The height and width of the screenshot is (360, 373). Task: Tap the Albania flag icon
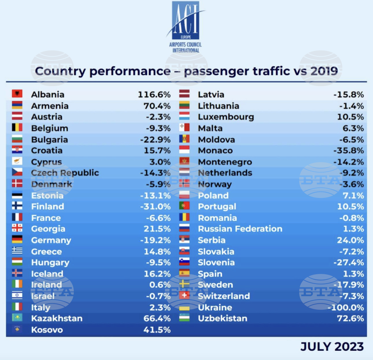point(17,94)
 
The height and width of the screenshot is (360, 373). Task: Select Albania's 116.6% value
point(154,95)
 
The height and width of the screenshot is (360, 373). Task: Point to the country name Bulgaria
point(49,140)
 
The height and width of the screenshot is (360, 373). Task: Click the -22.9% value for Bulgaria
point(155,140)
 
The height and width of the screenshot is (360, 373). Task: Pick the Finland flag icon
point(17,206)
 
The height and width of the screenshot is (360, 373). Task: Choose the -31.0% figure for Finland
point(155,206)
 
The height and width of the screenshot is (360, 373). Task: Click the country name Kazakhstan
point(57,319)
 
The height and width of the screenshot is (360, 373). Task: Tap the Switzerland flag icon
point(184,296)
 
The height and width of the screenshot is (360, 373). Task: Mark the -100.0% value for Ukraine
point(345,307)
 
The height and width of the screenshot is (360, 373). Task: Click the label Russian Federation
point(240,229)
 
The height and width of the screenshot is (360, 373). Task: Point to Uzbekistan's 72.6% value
point(350,319)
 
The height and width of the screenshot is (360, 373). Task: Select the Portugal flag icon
point(184,206)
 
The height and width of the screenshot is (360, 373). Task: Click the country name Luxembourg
point(226,117)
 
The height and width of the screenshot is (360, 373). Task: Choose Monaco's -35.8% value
point(348,151)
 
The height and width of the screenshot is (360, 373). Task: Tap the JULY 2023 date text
point(332,347)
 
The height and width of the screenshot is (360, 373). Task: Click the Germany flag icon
point(17,240)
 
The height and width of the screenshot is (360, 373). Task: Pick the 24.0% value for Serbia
point(350,240)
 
